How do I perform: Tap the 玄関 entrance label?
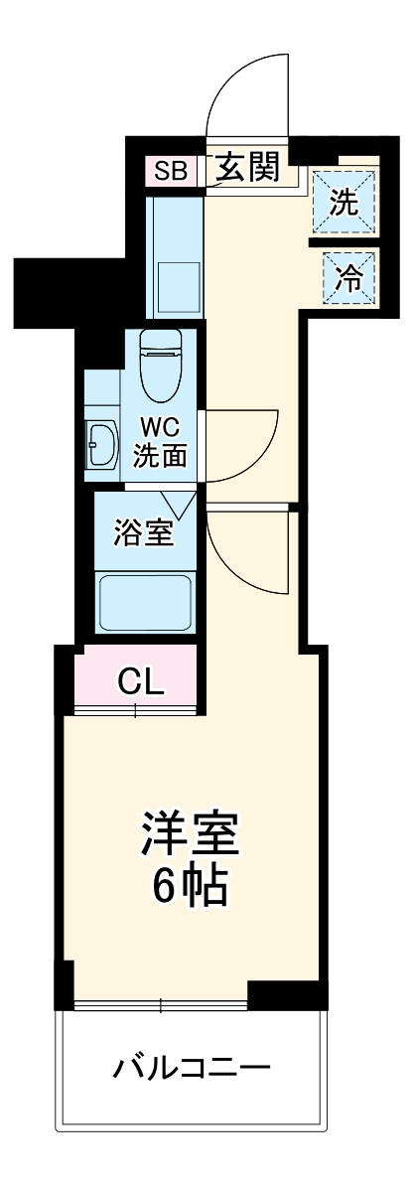pyautogui.click(x=247, y=167)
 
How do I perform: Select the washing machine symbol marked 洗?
pyautogui.click(x=345, y=202)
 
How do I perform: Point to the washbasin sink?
pyautogui.click(x=102, y=443)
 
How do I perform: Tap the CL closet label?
pyautogui.click(x=140, y=683)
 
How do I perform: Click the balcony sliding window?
pyautogui.click(x=162, y=1004)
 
